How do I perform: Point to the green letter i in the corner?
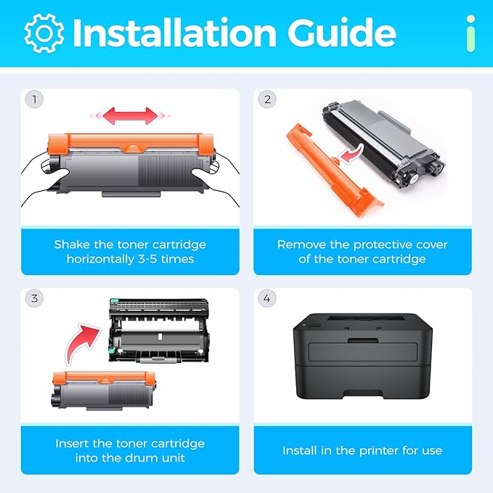coord(471,34)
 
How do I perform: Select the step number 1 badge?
coord(33,99)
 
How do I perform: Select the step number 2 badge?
coord(266,99)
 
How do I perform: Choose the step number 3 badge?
coord(33,298)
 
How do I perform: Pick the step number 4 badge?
coord(266,298)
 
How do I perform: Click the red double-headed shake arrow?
coord(129,115)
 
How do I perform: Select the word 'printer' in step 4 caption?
coord(379,451)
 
